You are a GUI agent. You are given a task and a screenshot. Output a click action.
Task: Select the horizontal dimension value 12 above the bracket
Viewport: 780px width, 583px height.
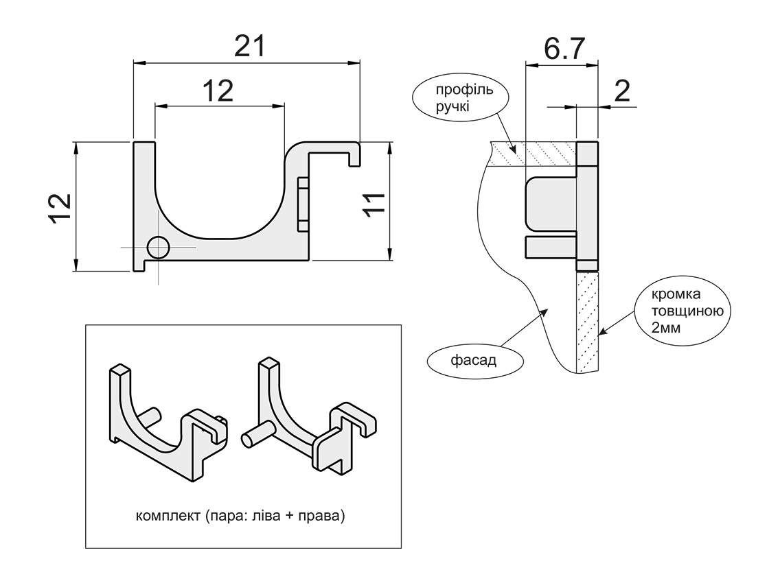[218, 91]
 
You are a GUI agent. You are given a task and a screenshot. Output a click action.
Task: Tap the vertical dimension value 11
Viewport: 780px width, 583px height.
[375, 204]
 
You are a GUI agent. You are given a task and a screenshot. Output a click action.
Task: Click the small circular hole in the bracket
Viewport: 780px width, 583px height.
[159, 247]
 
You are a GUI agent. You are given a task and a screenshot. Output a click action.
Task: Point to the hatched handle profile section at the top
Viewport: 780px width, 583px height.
[533, 154]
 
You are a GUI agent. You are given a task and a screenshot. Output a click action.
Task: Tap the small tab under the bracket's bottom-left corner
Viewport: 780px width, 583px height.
[140, 265]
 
